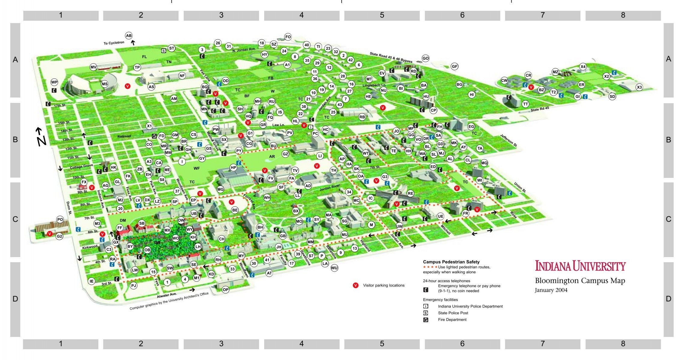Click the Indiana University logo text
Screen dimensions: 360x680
tap(580, 266)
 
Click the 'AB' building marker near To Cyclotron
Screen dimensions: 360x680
tap(129, 36)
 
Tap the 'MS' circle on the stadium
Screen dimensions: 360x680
tap(104, 84)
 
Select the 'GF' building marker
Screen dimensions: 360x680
tap(455, 67)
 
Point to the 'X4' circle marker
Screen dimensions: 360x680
tap(583, 67)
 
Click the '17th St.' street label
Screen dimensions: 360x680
tap(60, 106)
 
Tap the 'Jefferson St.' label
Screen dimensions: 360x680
tap(509, 140)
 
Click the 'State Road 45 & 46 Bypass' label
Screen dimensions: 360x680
tap(391, 58)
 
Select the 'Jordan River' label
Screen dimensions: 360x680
tap(330, 188)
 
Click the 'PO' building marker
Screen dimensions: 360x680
tap(60, 220)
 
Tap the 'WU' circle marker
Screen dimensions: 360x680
tap(334, 268)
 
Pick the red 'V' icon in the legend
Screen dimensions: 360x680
tap(356, 285)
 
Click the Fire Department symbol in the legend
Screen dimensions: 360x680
tap(426, 320)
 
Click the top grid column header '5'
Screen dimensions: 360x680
tap(382, 15)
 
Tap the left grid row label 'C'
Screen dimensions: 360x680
tap(15, 219)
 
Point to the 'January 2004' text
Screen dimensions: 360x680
tap(551, 290)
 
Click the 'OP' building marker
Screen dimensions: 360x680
tap(225, 289)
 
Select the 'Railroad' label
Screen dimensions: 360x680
tap(124, 136)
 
